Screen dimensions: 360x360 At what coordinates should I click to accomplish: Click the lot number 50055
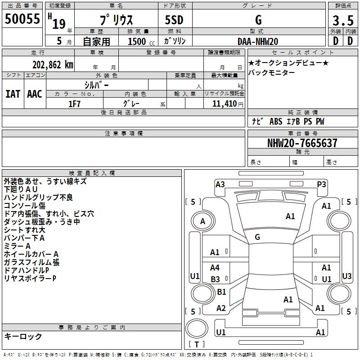22,19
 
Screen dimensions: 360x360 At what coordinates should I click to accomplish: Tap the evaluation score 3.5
342,21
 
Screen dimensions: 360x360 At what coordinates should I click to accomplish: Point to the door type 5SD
174,21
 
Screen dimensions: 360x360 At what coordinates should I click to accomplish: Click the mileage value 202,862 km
53,64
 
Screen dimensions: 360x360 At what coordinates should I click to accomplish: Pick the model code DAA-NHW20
257,41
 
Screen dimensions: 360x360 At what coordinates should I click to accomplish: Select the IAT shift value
13,94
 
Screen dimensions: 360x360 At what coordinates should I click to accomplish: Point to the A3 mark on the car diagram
220,184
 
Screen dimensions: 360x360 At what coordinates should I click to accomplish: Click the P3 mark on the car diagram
321,184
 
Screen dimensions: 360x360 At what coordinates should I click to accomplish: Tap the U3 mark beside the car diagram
346,276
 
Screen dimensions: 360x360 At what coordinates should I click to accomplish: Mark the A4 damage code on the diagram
215,268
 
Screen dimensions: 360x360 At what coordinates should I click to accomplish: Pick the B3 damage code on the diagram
215,279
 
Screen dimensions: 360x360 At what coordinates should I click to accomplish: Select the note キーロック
23,336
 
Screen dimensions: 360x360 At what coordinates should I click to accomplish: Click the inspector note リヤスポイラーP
30,279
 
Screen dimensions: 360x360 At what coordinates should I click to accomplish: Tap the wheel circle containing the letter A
202,221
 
